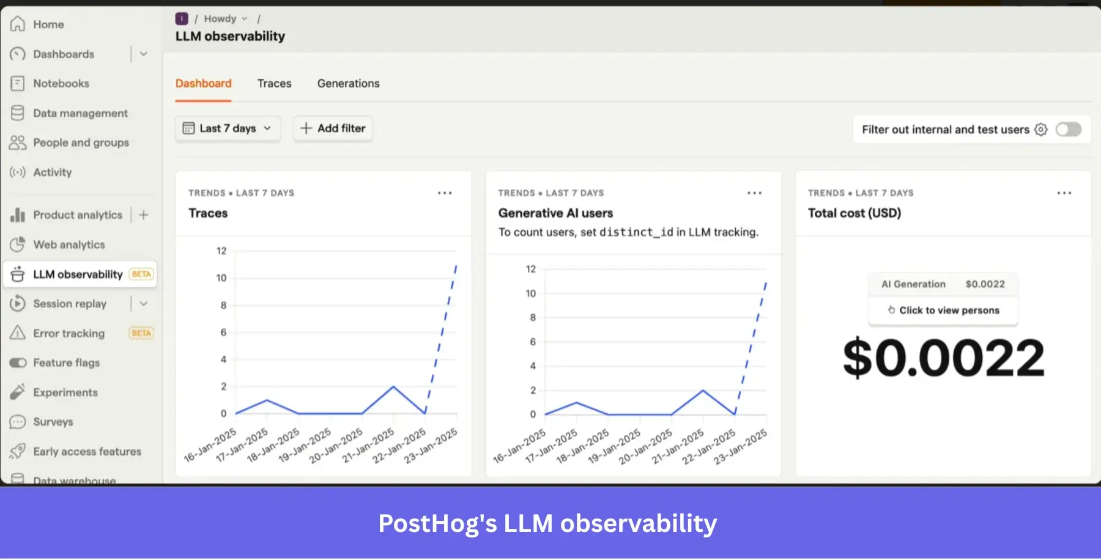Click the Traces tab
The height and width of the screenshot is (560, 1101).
click(274, 83)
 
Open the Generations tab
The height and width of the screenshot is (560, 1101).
click(348, 83)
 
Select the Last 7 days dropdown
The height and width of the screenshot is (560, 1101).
click(228, 128)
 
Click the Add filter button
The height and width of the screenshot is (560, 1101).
click(333, 128)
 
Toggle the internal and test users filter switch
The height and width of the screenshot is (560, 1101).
click(1068, 130)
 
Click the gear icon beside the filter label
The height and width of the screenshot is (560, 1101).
click(1041, 130)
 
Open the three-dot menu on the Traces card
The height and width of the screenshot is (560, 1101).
click(445, 193)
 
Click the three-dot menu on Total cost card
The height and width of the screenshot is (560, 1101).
click(1064, 193)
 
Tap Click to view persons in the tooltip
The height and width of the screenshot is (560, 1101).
click(943, 311)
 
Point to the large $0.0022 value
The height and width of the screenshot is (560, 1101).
click(943, 358)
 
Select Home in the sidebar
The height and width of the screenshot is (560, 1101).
click(48, 24)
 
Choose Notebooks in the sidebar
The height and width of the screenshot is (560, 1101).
click(61, 83)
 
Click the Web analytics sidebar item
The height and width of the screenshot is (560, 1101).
click(69, 245)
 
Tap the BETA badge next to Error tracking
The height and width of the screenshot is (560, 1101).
click(141, 333)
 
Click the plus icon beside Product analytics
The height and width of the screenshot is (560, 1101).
click(144, 215)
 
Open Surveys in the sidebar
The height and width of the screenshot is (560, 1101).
click(53, 422)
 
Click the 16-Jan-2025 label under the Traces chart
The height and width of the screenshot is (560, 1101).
click(210, 445)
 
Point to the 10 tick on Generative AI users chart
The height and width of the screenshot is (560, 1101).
click(530, 293)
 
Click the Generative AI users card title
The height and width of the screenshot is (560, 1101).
click(555, 213)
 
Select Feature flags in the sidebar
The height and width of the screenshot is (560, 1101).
click(66, 363)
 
